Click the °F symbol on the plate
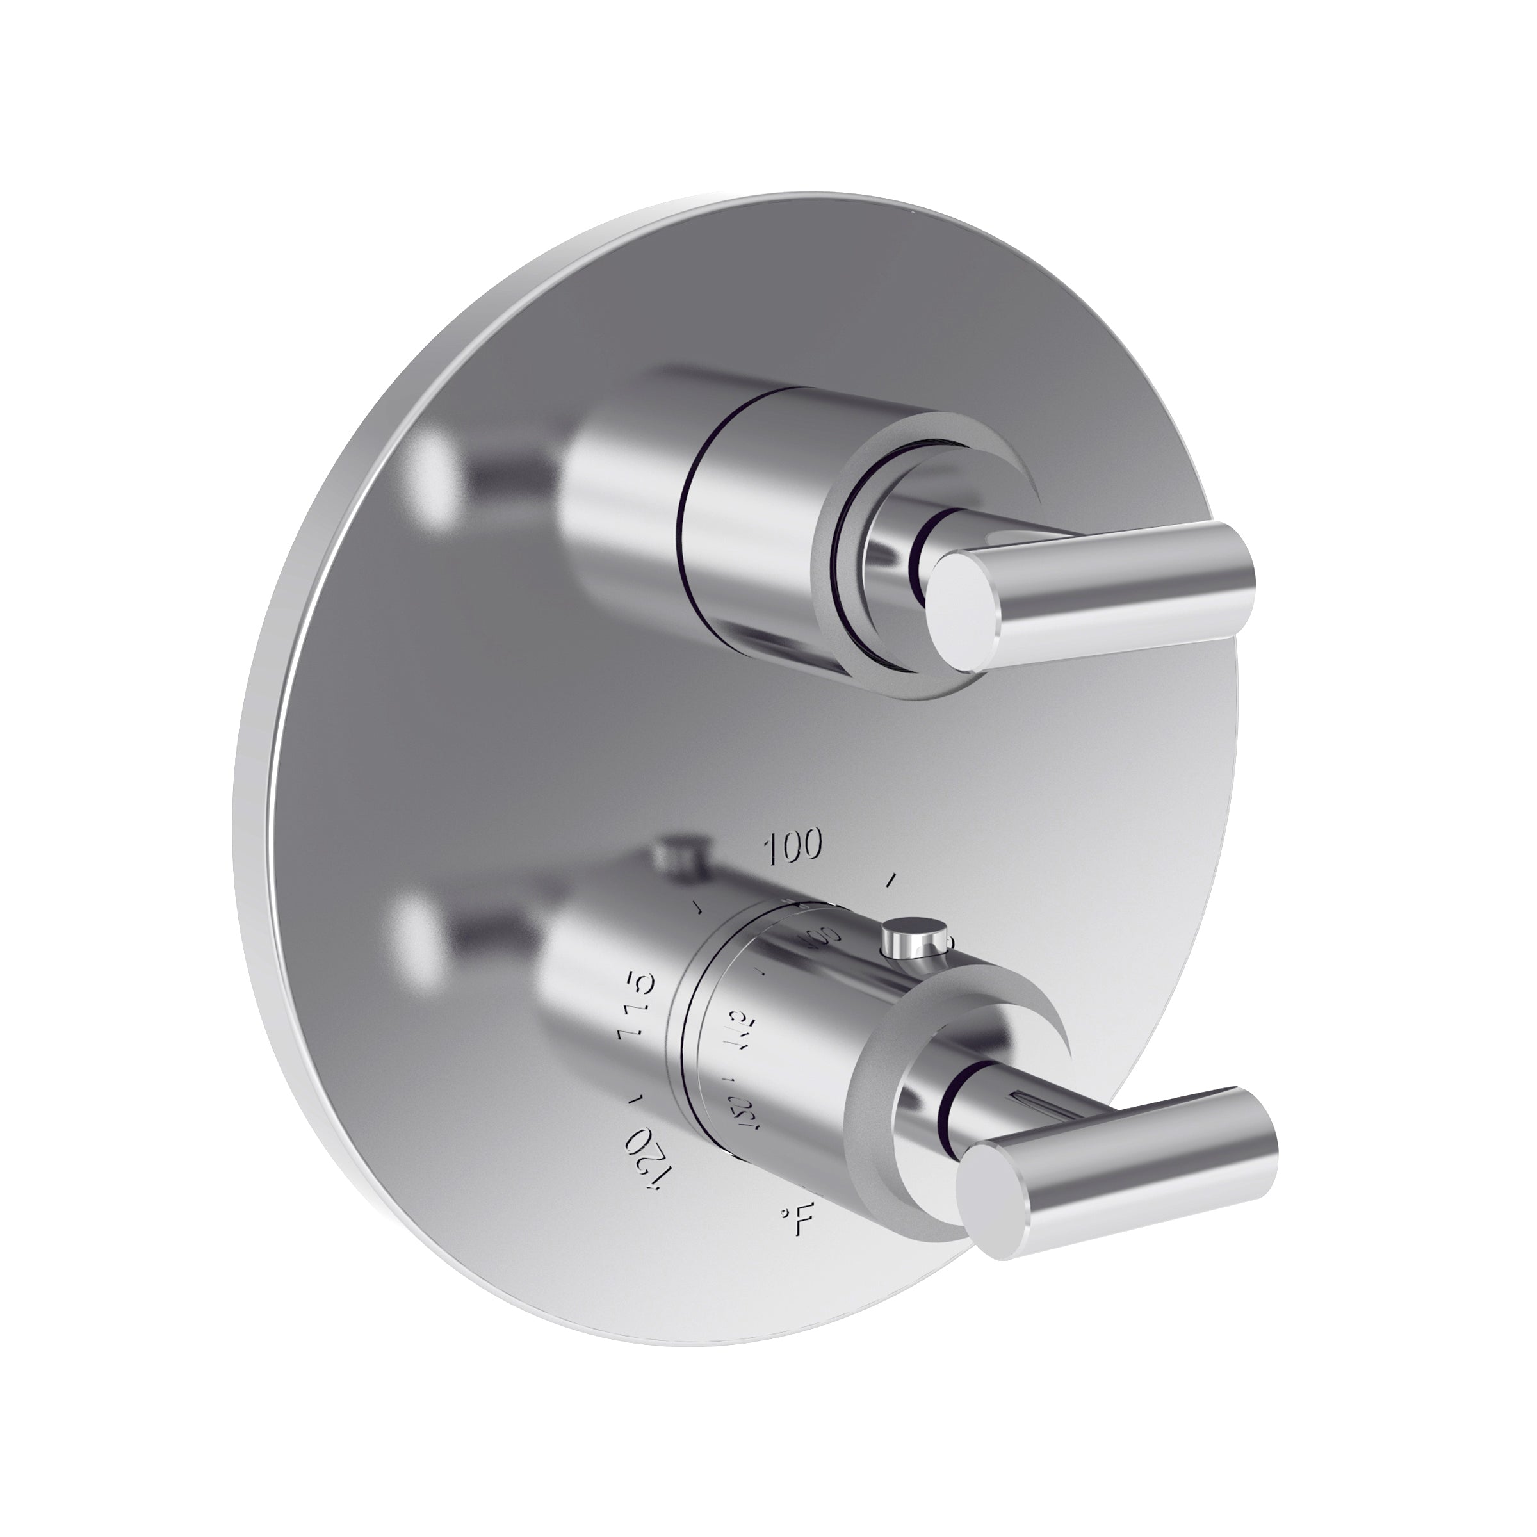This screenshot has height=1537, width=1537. [x=796, y=1241]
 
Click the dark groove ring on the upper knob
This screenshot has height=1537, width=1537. [x=686, y=541]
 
